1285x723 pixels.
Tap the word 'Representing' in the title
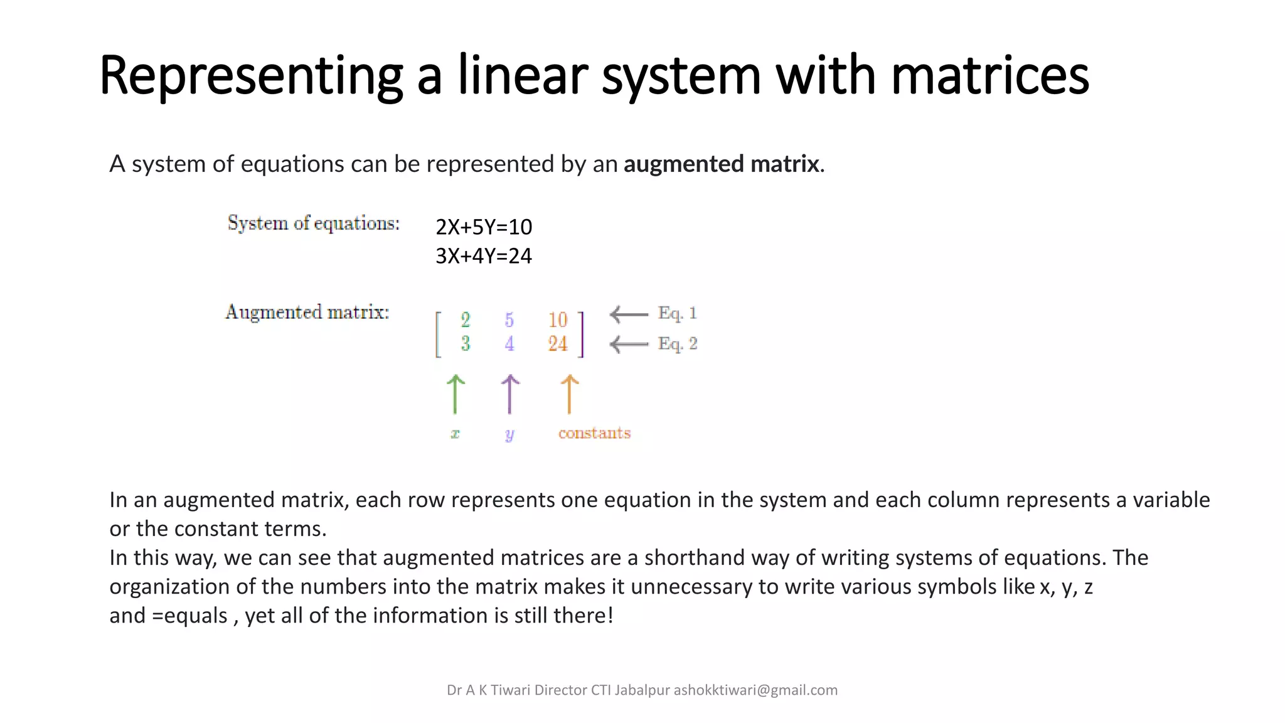[251, 77]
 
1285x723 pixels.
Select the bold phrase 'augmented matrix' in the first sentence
[721, 164]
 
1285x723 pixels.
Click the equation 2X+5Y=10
[484, 227]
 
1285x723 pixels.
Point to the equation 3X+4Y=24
[484, 256]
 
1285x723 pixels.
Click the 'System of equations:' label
[313, 223]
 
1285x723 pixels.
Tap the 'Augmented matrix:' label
[307, 312]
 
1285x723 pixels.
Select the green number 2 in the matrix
[465, 320]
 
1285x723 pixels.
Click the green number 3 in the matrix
[465, 343]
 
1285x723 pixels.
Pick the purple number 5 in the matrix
[509, 320]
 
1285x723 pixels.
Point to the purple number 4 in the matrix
[509, 343]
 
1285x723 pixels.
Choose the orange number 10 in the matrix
[557, 320]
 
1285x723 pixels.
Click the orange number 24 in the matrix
[557, 343]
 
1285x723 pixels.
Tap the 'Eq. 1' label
[677, 313]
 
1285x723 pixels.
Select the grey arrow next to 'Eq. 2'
[629, 344]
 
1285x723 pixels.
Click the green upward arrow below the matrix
[456, 394]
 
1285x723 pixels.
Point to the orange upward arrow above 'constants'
[569, 394]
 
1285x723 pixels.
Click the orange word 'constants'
[594, 433]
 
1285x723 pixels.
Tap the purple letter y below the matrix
[509, 434]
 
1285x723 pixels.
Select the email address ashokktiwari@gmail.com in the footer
[755, 690]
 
